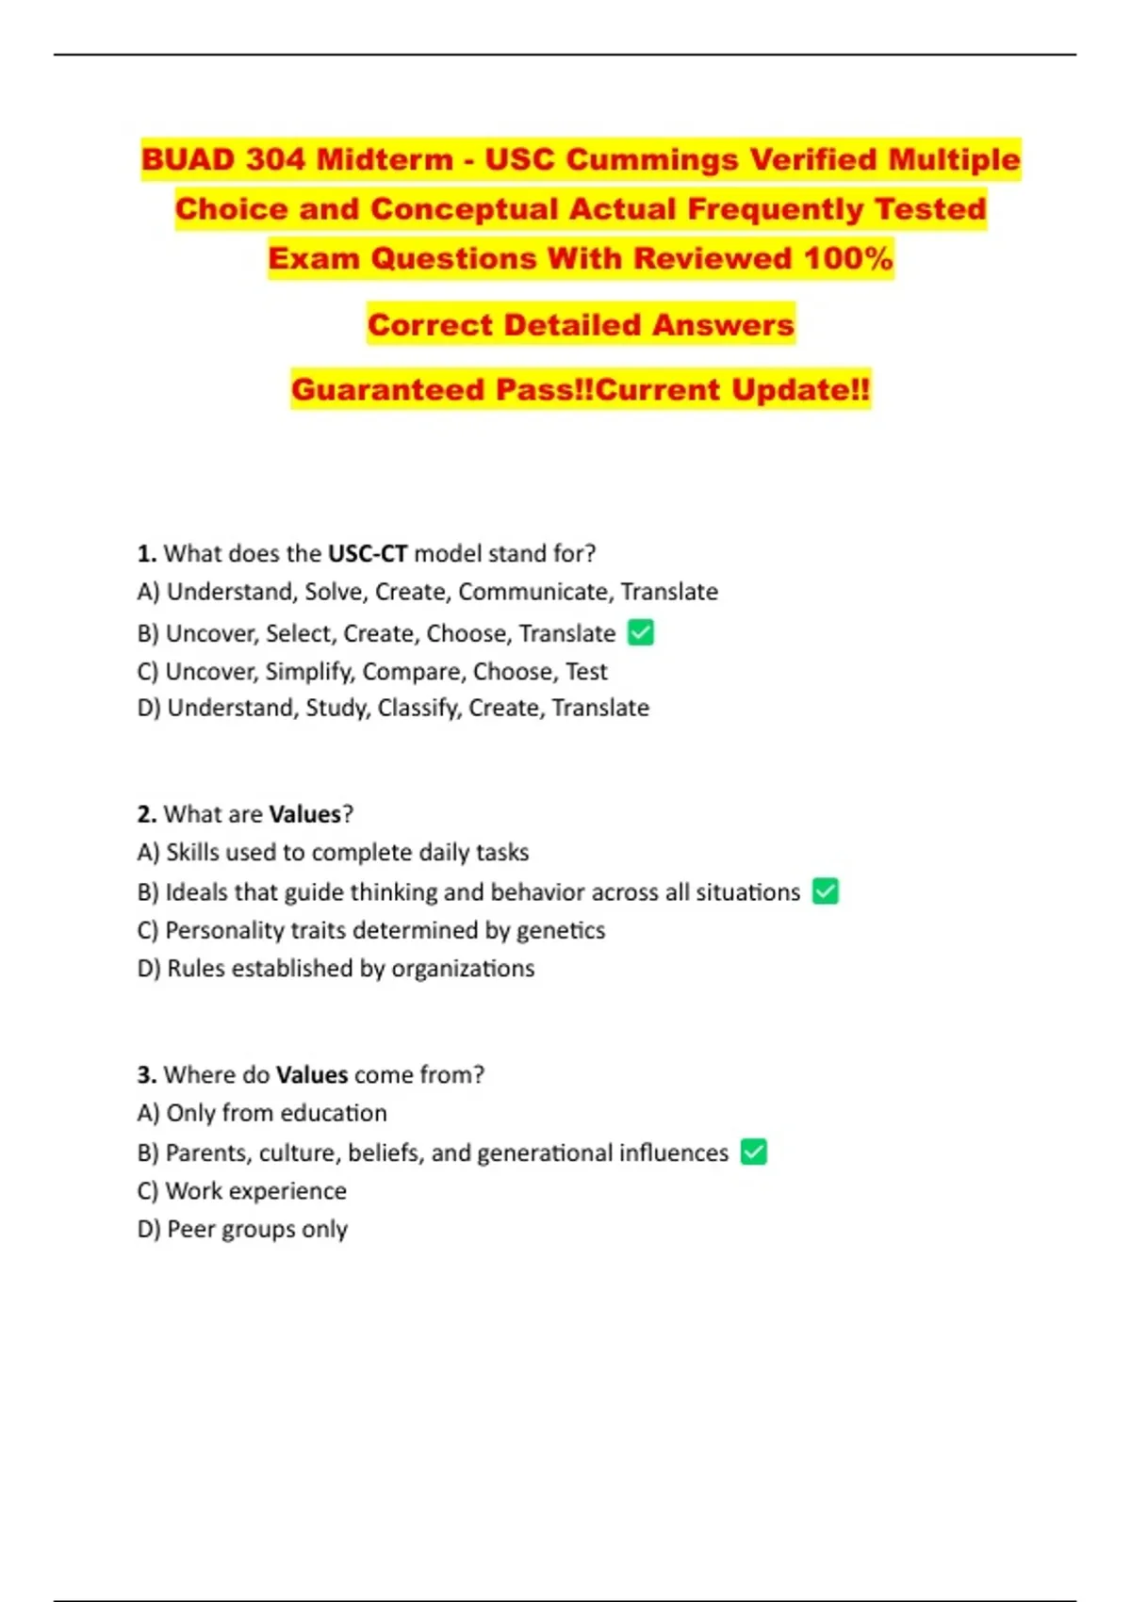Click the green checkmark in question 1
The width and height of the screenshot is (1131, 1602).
tap(641, 632)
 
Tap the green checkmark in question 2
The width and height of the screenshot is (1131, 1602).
tap(826, 891)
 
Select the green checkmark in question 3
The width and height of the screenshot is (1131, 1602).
tap(754, 1152)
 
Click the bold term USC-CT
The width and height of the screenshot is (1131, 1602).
tap(368, 553)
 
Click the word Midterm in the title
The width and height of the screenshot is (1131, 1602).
tap(385, 159)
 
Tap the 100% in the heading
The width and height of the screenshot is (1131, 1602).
tap(848, 258)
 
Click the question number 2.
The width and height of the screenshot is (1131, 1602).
tap(146, 814)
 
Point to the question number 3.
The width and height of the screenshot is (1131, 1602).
tap(146, 1074)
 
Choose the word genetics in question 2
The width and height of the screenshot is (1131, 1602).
tap(561, 930)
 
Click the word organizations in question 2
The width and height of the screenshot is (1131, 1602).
tap(463, 968)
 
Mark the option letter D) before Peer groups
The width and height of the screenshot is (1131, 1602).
tap(149, 1229)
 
